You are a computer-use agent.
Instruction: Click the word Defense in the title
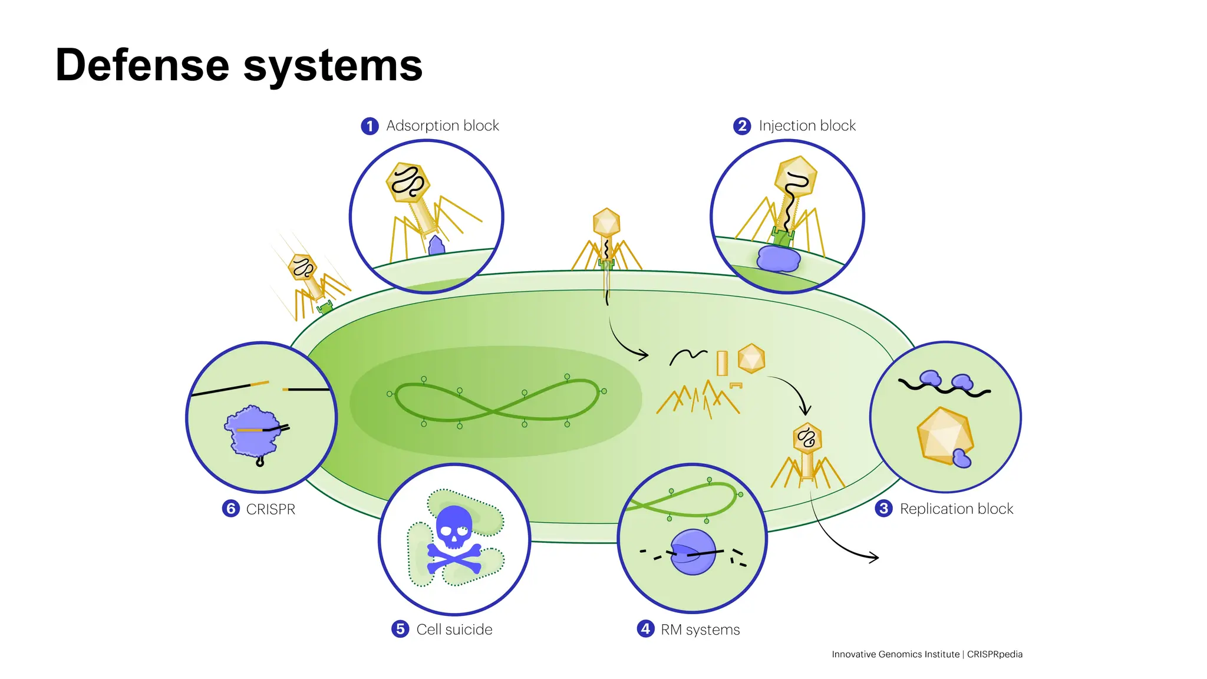tap(142, 65)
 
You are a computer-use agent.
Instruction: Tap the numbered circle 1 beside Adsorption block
tap(370, 126)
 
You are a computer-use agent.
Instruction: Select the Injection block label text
tap(807, 126)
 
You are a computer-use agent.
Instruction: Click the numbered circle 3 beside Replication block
tap(883, 509)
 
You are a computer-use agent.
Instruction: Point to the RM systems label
tap(700, 629)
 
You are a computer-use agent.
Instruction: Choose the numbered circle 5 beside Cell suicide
tap(400, 629)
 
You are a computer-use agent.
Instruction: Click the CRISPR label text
tap(271, 509)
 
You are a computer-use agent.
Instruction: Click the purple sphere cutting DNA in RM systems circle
tap(693, 552)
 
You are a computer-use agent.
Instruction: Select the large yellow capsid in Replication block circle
tap(944, 435)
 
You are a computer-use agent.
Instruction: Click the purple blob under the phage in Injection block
tap(778, 258)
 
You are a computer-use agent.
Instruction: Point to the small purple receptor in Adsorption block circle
tap(436, 245)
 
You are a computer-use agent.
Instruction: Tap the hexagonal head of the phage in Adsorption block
tap(408, 182)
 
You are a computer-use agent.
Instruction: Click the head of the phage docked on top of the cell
tap(606, 223)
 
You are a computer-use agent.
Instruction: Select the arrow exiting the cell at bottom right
tap(849, 545)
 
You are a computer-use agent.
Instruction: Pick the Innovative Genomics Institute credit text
tap(926, 654)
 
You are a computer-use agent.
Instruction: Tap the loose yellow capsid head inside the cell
tap(751, 358)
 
